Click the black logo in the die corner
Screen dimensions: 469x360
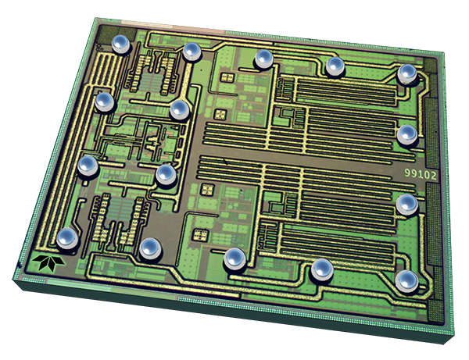pyautogui.click(x=48, y=262)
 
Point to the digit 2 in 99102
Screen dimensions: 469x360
pyautogui.click(x=433, y=175)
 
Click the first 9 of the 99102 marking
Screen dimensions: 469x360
pyautogui.click(x=408, y=173)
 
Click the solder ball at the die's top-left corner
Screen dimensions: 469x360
pyautogui.click(x=121, y=44)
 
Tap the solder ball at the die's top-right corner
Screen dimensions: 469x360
pyautogui.click(x=406, y=73)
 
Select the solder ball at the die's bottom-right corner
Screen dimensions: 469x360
pyautogui.click(x=406, y=281)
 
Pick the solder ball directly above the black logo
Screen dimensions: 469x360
pyautogui.click(x=67, y=238)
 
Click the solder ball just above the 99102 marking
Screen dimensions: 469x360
pyautogui.click(x=407, y=135)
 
